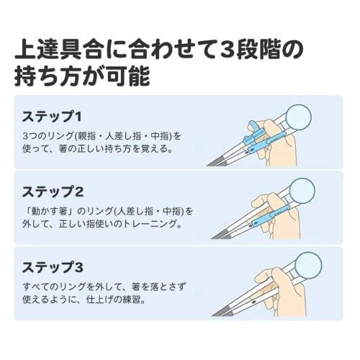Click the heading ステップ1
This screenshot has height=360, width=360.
click(x=51, y=115)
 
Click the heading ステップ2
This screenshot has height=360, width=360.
click(x=53, y=192)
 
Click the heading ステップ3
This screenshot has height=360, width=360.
click(x=53, y=268)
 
